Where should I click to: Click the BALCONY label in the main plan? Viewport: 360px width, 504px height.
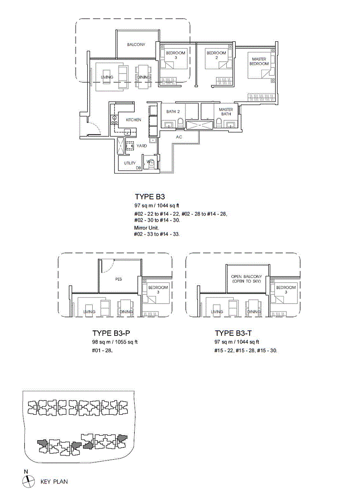coord(136,44)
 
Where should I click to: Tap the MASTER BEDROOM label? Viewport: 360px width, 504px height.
coord(259,61)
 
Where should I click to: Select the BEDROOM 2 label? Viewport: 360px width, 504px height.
coord(216,55)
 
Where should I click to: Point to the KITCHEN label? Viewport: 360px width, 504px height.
coord(134,120)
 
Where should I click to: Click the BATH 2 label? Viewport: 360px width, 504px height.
coord(173,112)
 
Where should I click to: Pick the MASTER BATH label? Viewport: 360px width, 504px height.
coord(226,112)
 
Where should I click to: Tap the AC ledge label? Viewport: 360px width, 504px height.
coord(179,137)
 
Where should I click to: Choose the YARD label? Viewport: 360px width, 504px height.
coord(141,146)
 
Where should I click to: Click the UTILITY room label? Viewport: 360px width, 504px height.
coord(130,163)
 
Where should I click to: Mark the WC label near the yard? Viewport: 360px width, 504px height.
coord(150,161)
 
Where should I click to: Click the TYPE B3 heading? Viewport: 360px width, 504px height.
coord(150,197)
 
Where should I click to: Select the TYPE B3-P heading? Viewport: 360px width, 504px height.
coord(111,333)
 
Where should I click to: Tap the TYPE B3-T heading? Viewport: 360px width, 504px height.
coord(233,333)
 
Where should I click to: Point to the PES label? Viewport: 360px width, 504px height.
coord(119,279)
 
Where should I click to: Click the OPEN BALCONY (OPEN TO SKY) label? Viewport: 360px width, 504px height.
coord(246,279)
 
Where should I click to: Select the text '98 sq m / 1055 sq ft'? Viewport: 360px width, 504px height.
coord(115,342)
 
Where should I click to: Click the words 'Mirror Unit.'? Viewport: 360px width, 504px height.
coord(146,228)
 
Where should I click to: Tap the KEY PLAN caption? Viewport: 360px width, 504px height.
coord(54,482)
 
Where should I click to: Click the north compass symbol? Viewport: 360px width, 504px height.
coord(28,481)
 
